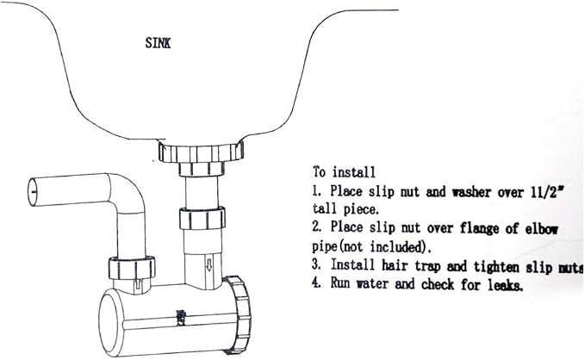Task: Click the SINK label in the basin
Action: tap(158, 43)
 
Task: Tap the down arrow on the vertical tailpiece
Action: tap(208, 265)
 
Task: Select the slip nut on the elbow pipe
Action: tap(132, 268)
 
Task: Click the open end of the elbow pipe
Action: tap(33, 192)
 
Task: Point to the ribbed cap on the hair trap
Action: tap(238, 315)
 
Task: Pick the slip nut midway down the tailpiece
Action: tap(202, 218)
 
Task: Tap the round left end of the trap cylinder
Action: tap(111, 323)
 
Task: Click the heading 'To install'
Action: tap(344, 172)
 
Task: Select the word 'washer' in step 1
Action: tap(471, 192)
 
